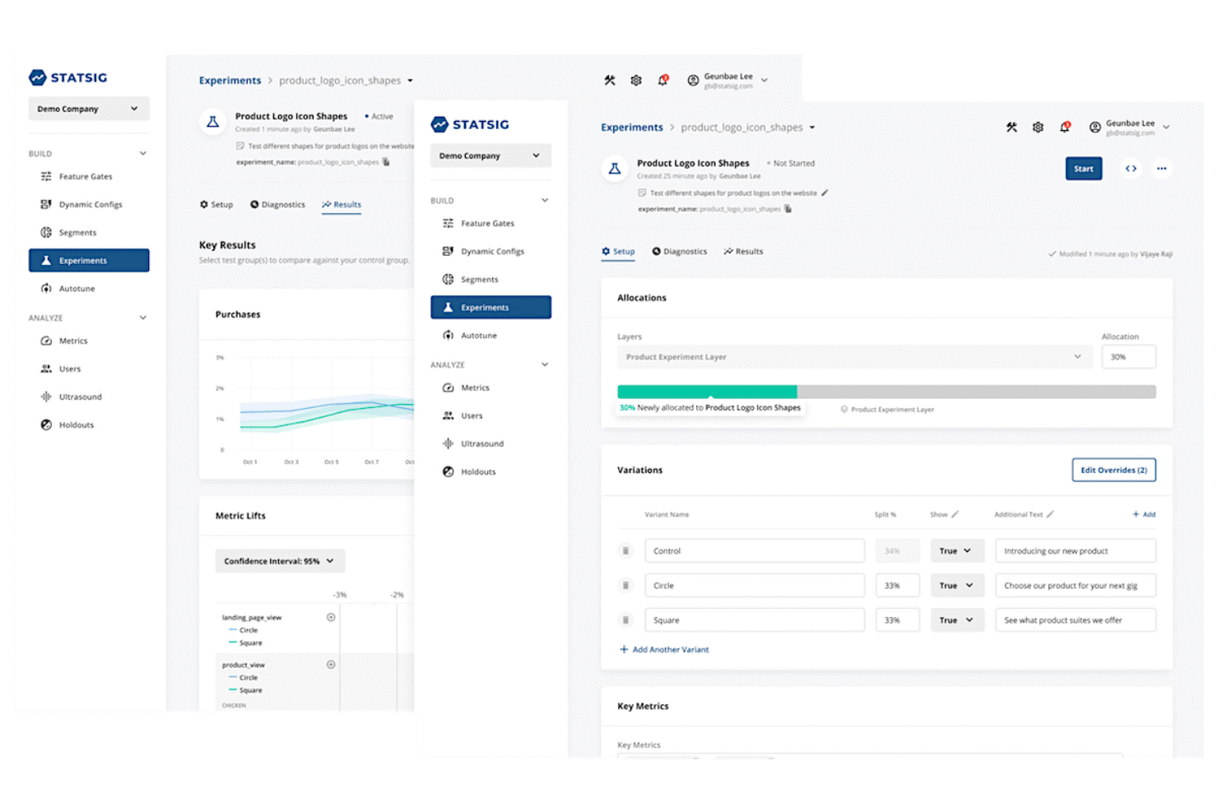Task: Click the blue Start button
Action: (1083, 169)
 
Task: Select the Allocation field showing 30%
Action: (1127, 357)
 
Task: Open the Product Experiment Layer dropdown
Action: (853, 357)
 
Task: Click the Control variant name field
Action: (753, 551)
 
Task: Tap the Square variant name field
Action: (753, 620)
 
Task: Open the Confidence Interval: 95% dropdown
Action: (280, 561)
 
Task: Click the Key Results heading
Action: (227, 245)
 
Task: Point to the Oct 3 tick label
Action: (291, 462)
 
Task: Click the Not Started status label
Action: (793, 164)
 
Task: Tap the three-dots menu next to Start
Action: (1161, 169)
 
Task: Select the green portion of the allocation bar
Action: (706, 392)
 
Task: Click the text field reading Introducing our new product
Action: (1074, 551)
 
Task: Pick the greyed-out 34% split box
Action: (895, 551)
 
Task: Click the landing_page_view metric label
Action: (252, 617)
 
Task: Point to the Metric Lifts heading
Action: (240, 516)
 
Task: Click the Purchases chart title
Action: (238, 314)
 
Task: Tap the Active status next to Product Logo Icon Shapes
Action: (380, 117)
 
